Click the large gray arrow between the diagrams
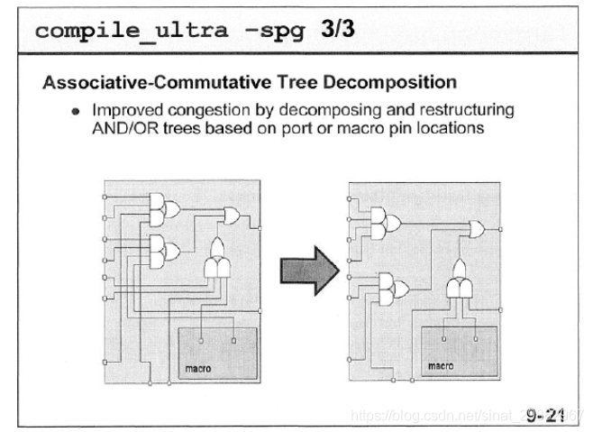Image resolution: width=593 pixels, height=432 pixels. (x=306, y=272)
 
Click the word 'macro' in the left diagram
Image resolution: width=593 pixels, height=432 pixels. (x=197, y=368)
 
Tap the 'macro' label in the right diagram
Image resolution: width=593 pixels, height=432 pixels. (x=440, y=366)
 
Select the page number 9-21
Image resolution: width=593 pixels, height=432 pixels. (x=544, y=414)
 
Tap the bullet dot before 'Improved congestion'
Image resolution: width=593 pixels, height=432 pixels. (x=64, y=112)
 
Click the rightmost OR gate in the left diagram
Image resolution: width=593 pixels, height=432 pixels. (x=231, y=216)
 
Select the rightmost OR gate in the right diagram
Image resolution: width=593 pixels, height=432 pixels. (x=475, y=229)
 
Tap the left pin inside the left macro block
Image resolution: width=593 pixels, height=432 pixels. (x=201, y=341)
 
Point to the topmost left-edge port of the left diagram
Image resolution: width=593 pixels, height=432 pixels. (x=105, y=196)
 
